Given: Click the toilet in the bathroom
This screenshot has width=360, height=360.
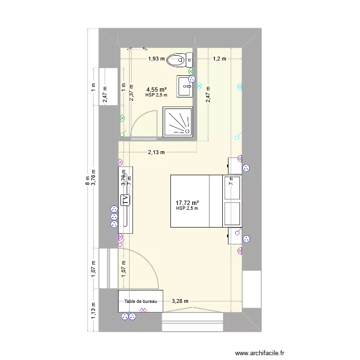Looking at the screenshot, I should tap(182, 60).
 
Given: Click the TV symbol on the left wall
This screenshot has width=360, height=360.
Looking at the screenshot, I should tap(125, 201).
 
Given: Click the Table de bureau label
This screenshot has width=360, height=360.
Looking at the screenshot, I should tap(141, 301).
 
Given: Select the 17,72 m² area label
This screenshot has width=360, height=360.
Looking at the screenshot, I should tap(187, 202).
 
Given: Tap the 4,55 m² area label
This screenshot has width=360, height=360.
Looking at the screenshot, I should tap(156, 89).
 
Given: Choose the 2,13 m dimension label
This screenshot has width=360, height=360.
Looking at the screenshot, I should tap(156, 153).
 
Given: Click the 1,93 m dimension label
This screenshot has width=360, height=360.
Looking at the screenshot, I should tap(156, 59).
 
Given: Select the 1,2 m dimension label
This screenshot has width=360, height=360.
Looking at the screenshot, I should tap(219, 59).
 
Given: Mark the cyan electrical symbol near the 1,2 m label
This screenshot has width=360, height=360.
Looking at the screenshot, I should tap(240, 87).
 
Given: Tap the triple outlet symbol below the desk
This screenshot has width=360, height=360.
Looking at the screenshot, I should tap(127, 316).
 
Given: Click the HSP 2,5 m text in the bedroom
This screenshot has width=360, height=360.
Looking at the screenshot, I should tap(187, 208).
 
